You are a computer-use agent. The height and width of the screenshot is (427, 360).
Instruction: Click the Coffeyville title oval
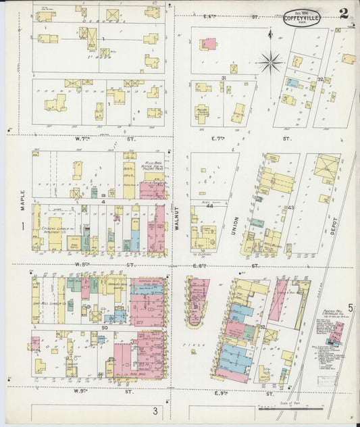[301, 16]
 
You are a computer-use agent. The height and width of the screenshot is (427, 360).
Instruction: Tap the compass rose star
[270, 63]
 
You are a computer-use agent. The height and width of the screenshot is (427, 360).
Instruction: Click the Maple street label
[22, 191]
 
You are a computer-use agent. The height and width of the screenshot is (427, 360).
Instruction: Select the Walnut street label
[178, 219]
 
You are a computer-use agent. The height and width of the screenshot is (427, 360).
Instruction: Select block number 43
[291, 207]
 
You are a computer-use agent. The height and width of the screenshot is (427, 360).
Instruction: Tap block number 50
[105, 327]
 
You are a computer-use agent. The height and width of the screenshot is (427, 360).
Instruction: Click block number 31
[223, 78]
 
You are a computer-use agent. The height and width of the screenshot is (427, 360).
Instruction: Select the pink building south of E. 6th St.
[209, 44]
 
